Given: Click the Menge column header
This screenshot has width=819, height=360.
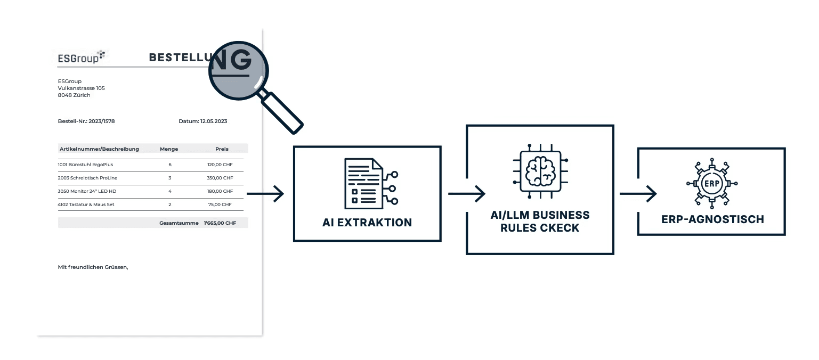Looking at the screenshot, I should coord(169,149).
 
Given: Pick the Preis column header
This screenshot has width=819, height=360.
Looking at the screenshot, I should coord(222,149).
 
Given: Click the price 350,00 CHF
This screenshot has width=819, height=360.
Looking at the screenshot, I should coord(220,178).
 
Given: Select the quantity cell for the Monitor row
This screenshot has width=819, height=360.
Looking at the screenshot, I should coord(170,191).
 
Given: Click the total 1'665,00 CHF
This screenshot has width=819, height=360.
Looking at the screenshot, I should coord(219,223).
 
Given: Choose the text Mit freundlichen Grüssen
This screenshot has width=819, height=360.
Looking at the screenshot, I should coord(93,267).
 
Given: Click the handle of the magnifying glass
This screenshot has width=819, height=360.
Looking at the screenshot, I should coord(283,113).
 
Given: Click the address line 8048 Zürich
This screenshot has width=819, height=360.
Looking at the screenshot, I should coord(74,95).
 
